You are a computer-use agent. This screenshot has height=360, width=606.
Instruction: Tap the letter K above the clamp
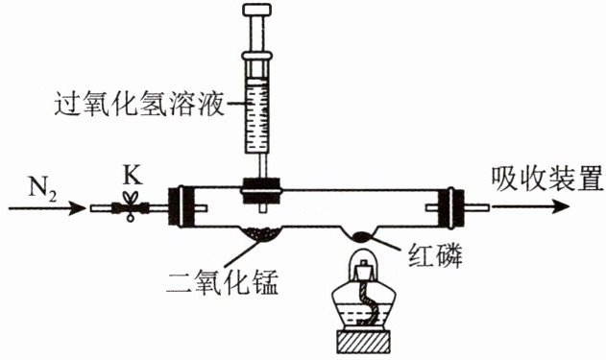(133, 177)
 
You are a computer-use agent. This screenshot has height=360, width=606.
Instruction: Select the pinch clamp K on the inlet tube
(131, 206)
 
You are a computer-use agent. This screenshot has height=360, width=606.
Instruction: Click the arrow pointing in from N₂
(47, 208)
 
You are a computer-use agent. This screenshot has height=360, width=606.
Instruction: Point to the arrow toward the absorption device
(530, 206)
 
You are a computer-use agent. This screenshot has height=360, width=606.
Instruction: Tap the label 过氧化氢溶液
(139, 104)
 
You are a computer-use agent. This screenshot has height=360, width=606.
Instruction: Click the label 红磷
(436, 255)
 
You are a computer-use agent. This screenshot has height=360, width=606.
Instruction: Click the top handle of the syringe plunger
(257, 10)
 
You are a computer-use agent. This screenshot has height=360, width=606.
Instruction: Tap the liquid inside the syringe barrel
(256, 115)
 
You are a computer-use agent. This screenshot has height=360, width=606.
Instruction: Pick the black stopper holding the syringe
(261, 190)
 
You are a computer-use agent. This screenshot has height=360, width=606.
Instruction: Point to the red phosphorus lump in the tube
(362, 236)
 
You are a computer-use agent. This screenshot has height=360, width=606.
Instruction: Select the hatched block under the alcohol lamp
(363, 341)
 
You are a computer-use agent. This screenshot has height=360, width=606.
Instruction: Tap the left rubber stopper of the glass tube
(181, 207)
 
